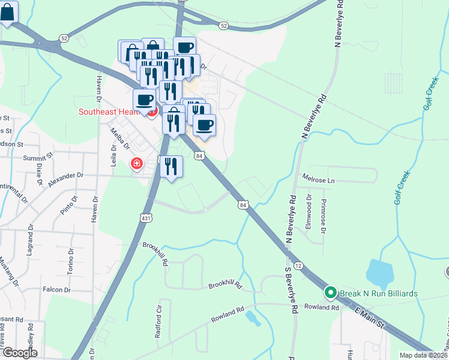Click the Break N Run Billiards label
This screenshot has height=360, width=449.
[378, 293]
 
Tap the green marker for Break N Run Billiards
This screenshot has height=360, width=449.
[330, 293]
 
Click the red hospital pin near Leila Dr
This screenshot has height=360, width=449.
[136, 163]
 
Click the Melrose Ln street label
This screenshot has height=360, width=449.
[319, 179]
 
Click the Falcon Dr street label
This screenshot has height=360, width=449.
[57, 290]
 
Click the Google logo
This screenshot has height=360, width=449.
[20, 353]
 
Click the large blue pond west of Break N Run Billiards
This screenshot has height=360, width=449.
[379, 274]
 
